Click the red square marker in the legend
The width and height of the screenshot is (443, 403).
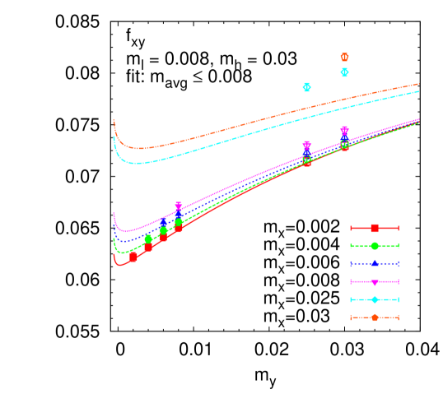(x=375, y=228)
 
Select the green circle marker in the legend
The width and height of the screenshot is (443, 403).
(x=375, y=246)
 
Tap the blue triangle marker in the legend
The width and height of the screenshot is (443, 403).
(x=375, y=263)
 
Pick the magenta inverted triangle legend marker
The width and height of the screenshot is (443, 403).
(x=375, y=281)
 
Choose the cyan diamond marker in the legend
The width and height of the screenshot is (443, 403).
(x=375, y=299)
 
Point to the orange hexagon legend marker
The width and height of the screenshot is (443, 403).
(x=375, y=317)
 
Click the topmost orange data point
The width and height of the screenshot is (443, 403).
(x=344, y=57)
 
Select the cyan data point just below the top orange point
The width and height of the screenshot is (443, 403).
(x=344, y=72)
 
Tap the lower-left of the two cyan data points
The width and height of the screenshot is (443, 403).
(x=306, y=87)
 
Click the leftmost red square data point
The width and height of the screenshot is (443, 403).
(x=133, y=257)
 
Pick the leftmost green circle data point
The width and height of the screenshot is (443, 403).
(x=148, y=239)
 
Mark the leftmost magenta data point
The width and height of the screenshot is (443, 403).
(x=178, y=206)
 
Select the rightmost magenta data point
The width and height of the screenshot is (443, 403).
(x=344, y=131)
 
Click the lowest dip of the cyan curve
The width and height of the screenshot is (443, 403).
(x=138, y=163)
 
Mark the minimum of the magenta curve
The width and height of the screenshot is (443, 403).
(x=126, y=231)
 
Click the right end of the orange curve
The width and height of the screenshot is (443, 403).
(x=419, y=84)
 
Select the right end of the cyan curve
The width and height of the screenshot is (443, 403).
(x=419, y=91)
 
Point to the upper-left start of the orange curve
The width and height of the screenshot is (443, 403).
(x=114, y=120)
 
